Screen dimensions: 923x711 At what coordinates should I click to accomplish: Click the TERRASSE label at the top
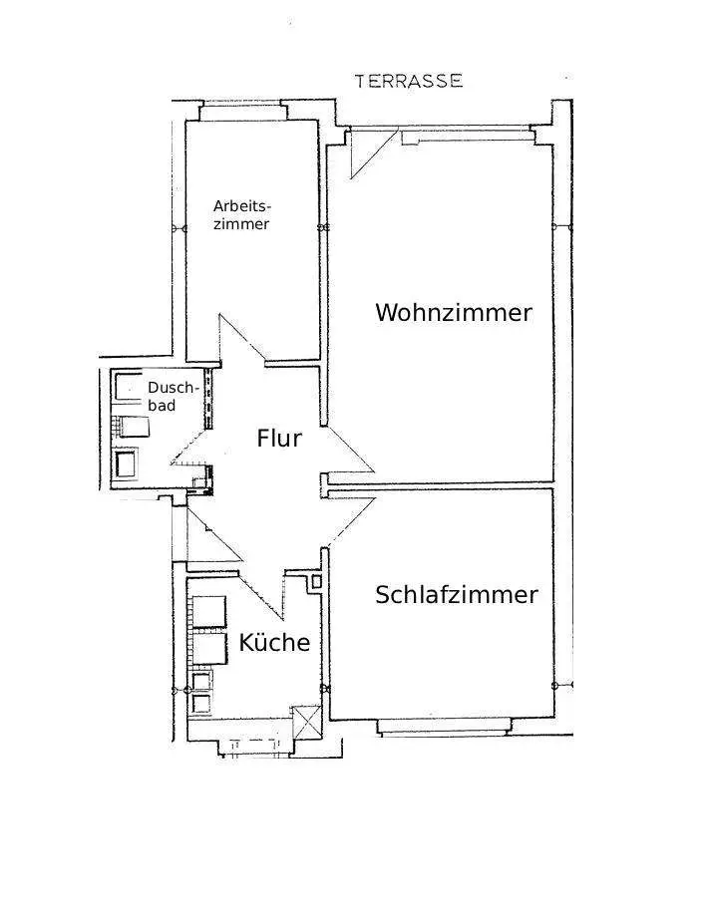[x=409, y=81]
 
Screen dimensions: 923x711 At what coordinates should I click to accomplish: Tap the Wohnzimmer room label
[x=454, y=312]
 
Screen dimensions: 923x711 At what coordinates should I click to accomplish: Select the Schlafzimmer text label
[x=457, y=595]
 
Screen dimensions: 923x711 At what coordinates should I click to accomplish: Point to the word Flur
[x=279, y=438]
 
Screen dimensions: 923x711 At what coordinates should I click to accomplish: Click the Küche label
[x=274, y=643]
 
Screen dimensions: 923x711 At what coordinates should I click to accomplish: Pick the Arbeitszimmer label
[x=242, y=215]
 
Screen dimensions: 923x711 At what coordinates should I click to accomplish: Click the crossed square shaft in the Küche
[x=305, y=721]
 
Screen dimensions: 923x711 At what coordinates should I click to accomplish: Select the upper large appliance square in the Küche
[x=209, y=611]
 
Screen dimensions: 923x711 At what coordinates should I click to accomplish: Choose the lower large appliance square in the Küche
[x=209, y=649]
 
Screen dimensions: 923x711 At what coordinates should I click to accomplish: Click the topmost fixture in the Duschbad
[x=130, y=386]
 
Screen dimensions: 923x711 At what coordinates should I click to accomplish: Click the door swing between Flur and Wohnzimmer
[x=348, y=454]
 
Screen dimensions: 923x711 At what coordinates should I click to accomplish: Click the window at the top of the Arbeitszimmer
[x=244, y=111]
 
